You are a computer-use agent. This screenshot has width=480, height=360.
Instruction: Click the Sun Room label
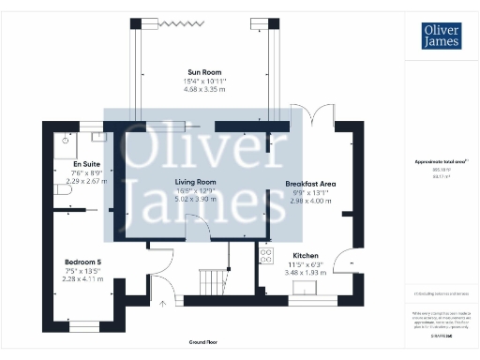[204, 72]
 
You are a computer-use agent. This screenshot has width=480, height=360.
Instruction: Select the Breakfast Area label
[311, 184]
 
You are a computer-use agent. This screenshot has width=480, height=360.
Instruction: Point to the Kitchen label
[306, 255]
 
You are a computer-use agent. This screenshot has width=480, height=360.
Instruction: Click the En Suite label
[86, 163]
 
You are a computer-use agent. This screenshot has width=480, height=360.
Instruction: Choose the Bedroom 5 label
[82, 261]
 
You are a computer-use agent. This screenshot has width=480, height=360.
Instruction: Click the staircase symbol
[215, 279]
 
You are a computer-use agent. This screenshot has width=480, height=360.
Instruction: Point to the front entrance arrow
[164, 303]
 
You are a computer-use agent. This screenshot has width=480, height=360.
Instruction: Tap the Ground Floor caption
[202, 343]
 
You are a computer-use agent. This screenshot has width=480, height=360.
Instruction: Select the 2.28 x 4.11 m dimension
[82, 277]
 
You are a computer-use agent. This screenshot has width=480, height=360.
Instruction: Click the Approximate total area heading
[441, 162]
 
